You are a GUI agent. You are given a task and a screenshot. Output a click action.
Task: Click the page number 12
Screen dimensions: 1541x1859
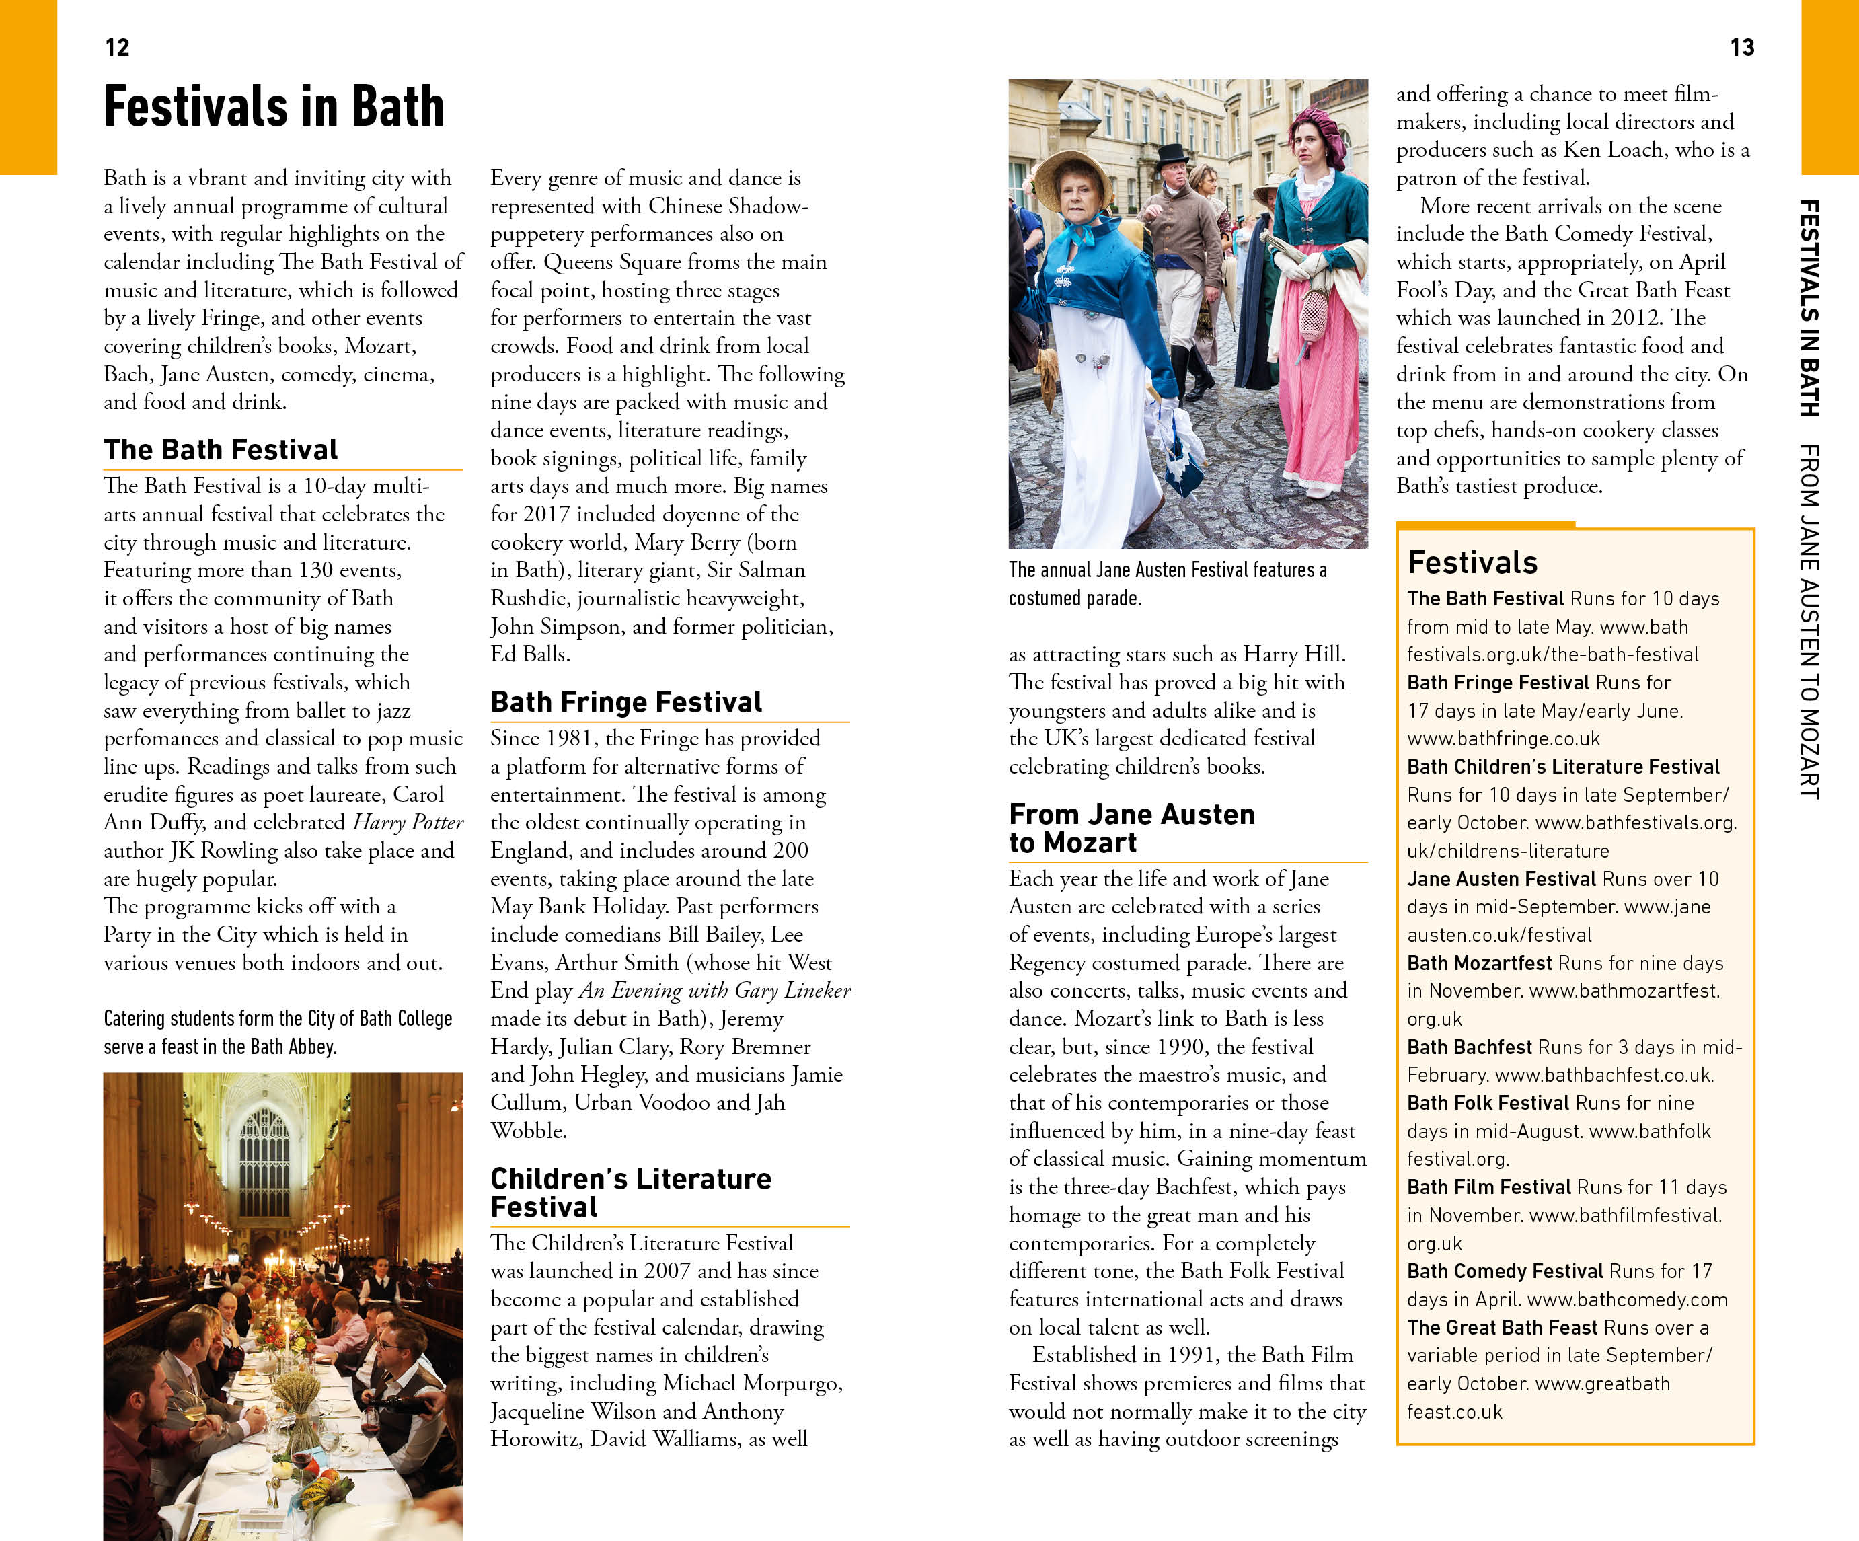(117, 48)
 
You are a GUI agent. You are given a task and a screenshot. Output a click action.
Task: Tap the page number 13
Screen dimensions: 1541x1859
(1741, 48)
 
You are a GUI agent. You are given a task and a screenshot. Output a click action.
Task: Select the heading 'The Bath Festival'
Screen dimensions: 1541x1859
(221, 449)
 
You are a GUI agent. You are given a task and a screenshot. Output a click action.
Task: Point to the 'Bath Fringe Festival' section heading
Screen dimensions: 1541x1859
(626, 702)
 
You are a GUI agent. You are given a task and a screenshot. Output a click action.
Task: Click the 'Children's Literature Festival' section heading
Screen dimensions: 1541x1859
(630, 1193)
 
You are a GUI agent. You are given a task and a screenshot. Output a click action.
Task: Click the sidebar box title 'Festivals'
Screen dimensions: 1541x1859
(1472, 563)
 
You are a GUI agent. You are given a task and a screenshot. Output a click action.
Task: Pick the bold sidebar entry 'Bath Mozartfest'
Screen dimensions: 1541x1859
(1479, 963)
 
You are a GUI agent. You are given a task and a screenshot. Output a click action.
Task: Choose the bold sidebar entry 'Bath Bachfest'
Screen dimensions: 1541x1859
(1470, 1047)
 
